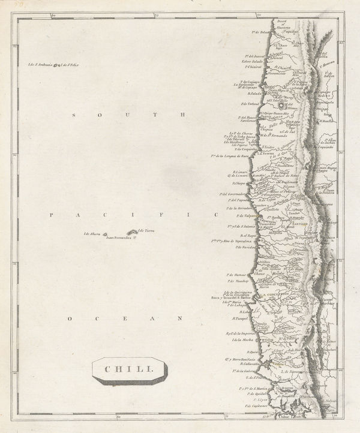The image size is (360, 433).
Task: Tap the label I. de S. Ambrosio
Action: click(x=40, y=65)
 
